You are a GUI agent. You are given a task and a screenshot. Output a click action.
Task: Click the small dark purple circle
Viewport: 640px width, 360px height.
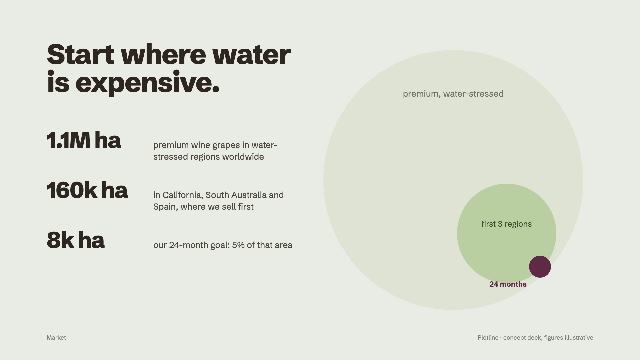[x=540, y=267]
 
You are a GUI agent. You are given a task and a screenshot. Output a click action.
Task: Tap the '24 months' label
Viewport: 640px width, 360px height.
[x=508, y=284]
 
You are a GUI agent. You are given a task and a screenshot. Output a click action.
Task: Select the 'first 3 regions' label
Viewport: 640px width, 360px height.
[x=507, y=224]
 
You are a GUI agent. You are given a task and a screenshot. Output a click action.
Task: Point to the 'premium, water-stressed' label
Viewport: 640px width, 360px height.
[x=453, y=94]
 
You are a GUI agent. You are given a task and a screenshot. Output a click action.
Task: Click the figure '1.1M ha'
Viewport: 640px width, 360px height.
[x=84, y=140]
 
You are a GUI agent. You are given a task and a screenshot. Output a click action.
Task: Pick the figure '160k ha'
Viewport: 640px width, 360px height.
[x=87, y=190]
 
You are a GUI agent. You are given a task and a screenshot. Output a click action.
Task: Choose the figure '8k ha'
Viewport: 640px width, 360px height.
[x=76, y=240]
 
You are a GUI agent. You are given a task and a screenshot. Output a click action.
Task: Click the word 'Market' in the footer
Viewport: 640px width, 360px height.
[x=56, y=338]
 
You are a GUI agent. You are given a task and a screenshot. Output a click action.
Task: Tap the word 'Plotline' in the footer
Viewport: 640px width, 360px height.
[x=488, y=338]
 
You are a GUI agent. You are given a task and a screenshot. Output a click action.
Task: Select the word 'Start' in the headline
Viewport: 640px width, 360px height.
[x=81, y=54]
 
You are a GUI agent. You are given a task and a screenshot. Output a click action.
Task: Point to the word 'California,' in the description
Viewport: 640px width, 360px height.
[x=183, y=195]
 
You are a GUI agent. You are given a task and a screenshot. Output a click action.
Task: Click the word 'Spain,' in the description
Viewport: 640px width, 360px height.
[x=166, y=207]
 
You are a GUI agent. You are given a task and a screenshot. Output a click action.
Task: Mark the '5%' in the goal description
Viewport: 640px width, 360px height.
[x=238, y=245]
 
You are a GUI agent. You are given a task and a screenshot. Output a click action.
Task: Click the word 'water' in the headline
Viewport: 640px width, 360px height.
[x=251, y=55]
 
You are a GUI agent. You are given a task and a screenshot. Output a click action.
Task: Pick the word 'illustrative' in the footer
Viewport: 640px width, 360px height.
[x=578, y=338]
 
